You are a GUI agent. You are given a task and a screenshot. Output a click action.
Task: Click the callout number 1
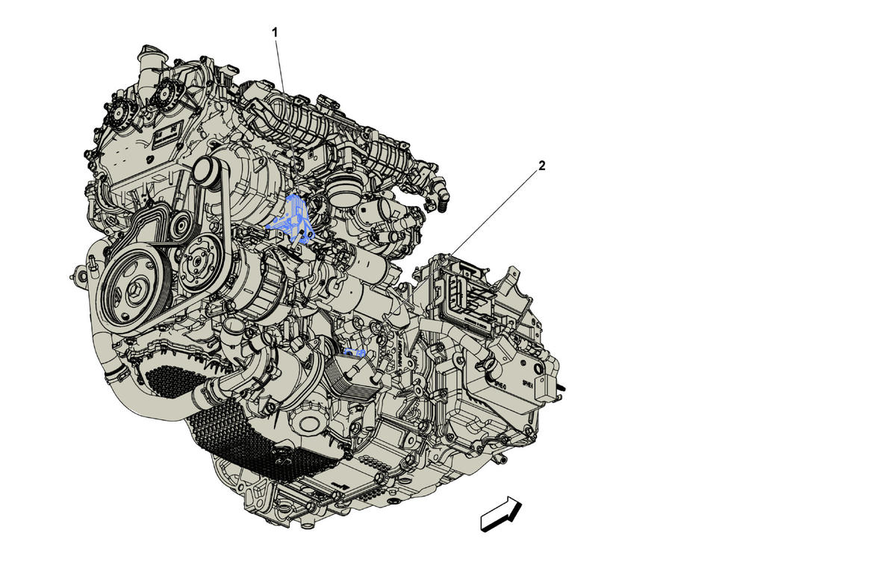tap(275, 33)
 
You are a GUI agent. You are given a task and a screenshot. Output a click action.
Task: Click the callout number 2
tap(541, 166)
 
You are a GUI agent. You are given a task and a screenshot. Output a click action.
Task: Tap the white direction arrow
tap(501, 514)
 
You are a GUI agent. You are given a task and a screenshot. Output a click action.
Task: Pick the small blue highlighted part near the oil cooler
tap(355, 352)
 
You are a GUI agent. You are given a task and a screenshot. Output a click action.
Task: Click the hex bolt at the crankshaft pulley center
tap(136, 290)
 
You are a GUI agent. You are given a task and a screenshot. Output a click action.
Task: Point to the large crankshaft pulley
tap(133, 290)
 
